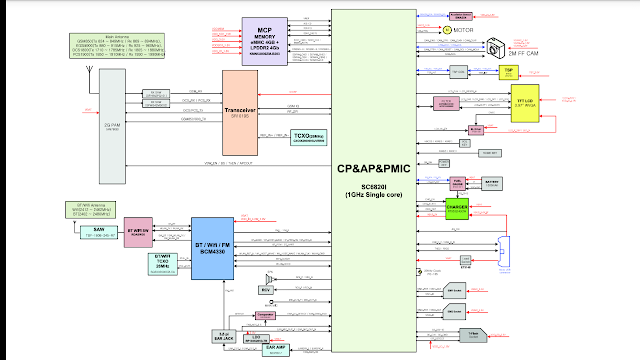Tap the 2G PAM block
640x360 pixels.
(113, 128)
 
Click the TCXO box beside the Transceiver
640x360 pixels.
(308, 138)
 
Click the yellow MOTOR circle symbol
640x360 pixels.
(447, 31)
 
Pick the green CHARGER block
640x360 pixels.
(457, 208)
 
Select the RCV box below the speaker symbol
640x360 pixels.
(266, 291)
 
